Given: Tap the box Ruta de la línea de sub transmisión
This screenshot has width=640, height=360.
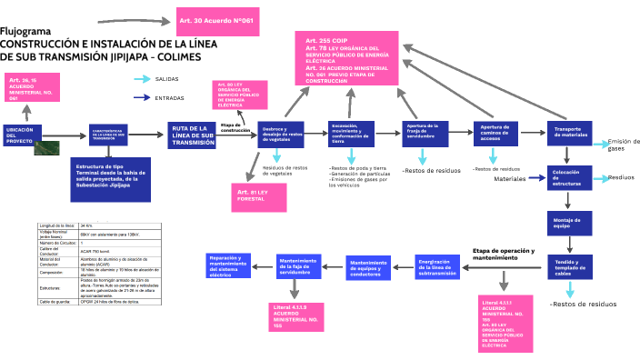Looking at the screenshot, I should point(194,135).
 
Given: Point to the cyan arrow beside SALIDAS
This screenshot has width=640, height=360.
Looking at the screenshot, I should point(141,80).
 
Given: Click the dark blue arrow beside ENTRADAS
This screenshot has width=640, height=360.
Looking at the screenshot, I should point(141,97).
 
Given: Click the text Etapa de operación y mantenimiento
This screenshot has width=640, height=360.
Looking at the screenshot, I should point(504,254).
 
